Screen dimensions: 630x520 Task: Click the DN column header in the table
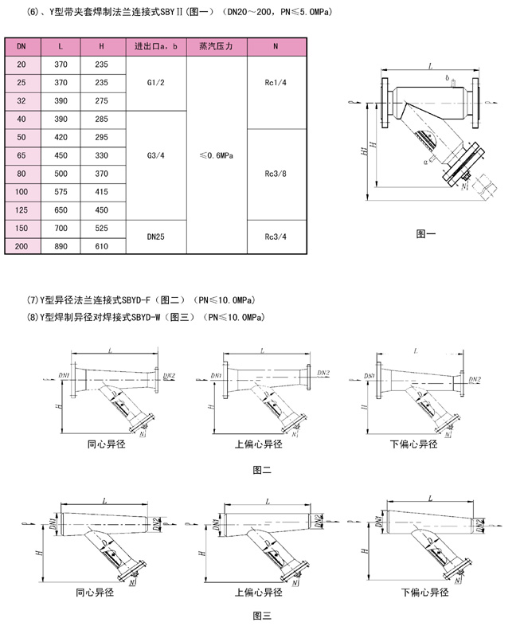21,47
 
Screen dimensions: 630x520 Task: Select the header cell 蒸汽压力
216,47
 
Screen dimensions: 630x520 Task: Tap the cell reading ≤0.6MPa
216,156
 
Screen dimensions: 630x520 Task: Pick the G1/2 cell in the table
156,82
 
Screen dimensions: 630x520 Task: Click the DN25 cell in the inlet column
156,237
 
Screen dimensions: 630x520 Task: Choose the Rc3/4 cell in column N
276,237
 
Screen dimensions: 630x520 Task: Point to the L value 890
61,247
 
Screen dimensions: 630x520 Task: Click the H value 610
101,247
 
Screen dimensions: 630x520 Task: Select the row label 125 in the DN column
21,210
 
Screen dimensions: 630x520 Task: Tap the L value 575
61,192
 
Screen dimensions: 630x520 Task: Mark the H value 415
101,192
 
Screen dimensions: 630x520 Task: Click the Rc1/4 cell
276,82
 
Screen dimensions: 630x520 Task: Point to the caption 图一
426,234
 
